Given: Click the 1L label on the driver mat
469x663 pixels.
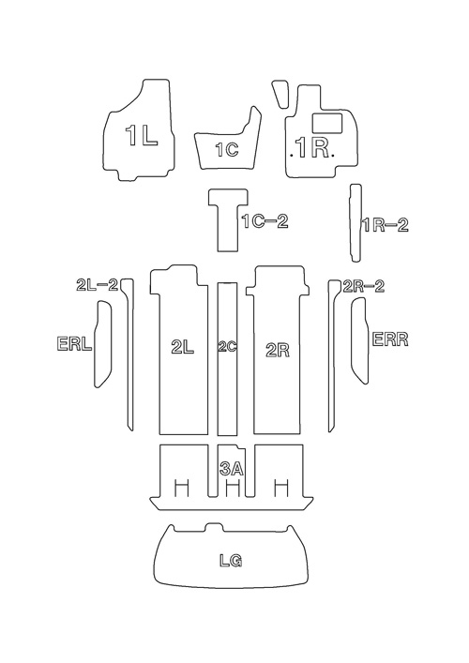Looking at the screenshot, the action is coord(142,136).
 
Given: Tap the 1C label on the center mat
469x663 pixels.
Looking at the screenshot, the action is coord(227,149).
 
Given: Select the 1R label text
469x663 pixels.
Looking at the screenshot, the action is coord(313,147).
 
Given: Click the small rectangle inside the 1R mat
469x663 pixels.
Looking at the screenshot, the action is coord(327,123).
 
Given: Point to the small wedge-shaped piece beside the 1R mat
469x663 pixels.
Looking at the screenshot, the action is coord(280,95).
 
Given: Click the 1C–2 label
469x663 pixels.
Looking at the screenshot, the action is coord(265,221).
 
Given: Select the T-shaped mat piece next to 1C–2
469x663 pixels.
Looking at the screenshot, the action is coord(228,219).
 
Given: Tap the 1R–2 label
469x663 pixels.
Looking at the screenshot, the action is coord(386,225).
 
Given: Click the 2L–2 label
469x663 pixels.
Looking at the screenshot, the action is coord(97,285).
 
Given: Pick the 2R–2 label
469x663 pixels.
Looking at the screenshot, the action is coord(364,286).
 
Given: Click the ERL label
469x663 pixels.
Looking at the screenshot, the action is coord(74,343).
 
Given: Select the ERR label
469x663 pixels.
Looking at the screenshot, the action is coord(390,339).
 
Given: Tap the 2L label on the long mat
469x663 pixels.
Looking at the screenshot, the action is coord(183,348).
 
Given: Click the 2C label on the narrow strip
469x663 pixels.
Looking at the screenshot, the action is coord(227,347).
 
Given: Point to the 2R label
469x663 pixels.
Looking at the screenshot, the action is coord(278,351).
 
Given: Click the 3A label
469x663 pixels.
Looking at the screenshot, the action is coord(232,469).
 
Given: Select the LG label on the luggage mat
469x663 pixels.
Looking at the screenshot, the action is coord(231,561).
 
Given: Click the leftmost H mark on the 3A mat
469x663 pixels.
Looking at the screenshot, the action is coord(182,488).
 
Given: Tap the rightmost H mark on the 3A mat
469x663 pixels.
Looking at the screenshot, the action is coord(281,488).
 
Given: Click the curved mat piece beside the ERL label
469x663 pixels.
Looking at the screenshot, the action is coord(103,343).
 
